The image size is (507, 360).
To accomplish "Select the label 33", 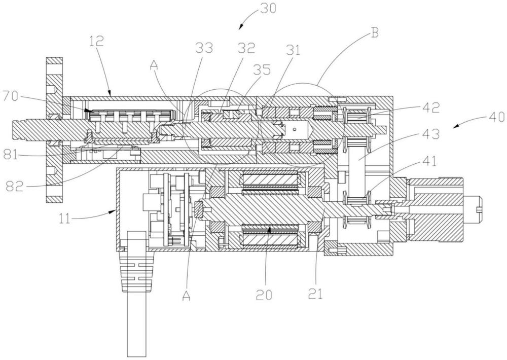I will coord(203,49).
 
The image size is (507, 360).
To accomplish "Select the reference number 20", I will coord(264,294).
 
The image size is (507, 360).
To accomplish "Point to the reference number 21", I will coord(315,294).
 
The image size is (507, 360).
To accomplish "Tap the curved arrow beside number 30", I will coord(247,20).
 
